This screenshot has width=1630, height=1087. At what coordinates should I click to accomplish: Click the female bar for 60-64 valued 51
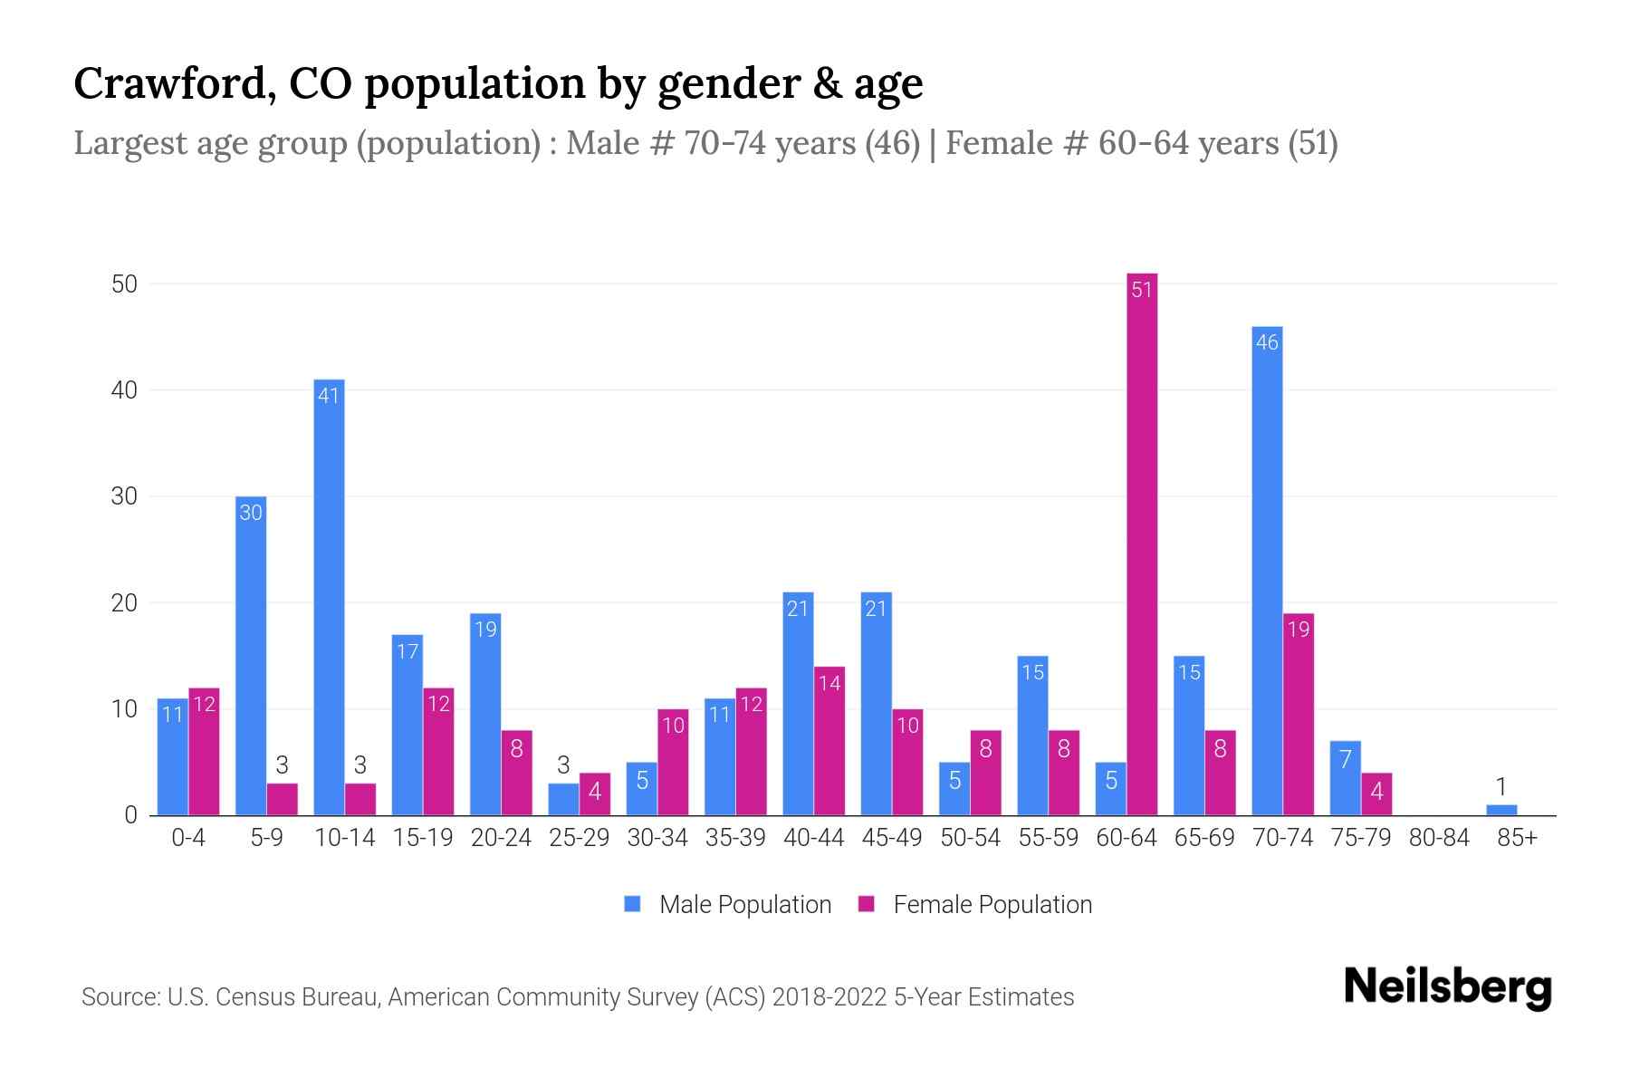coord(1142,543)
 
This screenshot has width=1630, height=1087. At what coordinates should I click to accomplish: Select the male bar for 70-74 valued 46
coord(1267,571)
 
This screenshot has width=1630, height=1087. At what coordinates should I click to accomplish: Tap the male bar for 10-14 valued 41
coord(329,598)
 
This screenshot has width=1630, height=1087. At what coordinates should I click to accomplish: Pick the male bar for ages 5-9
coord(251,656)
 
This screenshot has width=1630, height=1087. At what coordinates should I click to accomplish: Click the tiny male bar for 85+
coord(1501,810)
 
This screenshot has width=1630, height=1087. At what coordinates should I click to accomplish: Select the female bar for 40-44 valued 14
coord(829,741)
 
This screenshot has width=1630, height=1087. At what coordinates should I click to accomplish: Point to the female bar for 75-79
coord(1376,794)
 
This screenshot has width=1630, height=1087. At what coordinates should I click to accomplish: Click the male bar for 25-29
coord(563,799)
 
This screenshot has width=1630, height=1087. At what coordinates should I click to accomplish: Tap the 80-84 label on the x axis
coord(1439,838)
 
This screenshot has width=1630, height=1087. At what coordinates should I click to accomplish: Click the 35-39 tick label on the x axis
coord(735,838)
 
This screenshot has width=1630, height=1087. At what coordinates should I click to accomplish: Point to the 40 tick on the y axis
coord(124,390)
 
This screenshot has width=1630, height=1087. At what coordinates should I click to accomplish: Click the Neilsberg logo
coord(1447,987)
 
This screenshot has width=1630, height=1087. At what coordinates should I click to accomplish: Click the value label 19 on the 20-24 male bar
coord(485,629)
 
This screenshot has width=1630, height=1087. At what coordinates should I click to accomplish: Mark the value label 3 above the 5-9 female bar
coord(283,766)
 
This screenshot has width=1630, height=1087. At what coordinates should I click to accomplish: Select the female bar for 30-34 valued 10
coord(673,762)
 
